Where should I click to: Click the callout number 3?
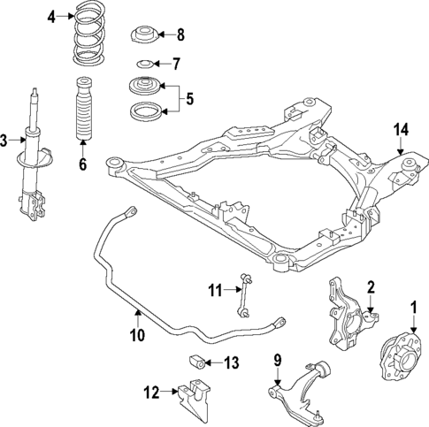click(x=5, y=139)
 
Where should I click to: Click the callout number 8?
click(x=180, y=35)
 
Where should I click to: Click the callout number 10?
click(x=135, y=335)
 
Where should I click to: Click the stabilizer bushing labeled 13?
click(x=197, y=361)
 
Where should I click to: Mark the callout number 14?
click(x=401, y=130)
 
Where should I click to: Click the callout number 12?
click(x=152, y=390)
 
